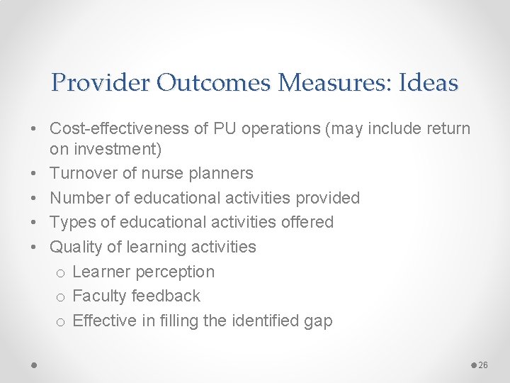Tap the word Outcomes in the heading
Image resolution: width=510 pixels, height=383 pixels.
(x=215, y=84)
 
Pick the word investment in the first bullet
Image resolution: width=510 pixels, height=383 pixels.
(x=114, y=150)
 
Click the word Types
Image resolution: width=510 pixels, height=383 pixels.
(x=69, y=222)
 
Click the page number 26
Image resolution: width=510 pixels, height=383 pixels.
(x=484, y=365)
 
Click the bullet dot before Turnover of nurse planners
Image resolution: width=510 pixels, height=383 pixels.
(x=34, y=174)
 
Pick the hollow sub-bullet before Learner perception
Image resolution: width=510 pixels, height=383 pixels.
(x=61, y=273)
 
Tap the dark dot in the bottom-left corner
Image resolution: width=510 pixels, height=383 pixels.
(x=34, y=365)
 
